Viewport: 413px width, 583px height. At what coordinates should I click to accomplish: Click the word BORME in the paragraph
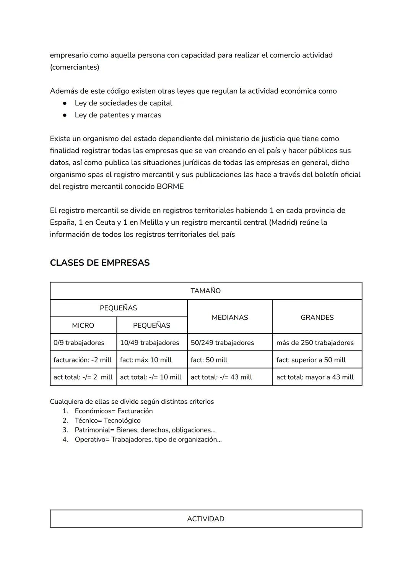tap(170, 187)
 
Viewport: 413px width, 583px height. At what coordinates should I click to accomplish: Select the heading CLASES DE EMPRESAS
tap(99, 263)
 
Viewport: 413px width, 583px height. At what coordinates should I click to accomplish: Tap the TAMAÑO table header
tap(206, 291)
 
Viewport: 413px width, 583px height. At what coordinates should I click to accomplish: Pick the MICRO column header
tap(83, 325)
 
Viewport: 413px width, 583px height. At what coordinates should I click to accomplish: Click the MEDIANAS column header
tap(230, 317)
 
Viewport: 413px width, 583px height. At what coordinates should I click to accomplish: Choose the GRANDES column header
tap(317, 317)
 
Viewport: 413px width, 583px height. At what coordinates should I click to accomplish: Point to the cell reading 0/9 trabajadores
tap(79, 343)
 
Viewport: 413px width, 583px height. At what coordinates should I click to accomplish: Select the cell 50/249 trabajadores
tap(222, 343)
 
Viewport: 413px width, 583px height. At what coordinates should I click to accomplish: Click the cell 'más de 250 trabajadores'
tap(315, 343)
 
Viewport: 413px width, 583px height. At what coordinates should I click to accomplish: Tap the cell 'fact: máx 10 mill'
tap(146, 360)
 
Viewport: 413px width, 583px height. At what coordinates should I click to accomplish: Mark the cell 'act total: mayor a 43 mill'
tap(315, 377)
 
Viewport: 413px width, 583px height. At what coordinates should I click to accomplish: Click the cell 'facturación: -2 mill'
tap(83, 360)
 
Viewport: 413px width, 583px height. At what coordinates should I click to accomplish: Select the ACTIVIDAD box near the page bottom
tap(206, 519)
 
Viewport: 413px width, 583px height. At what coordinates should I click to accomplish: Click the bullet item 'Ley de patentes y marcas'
tap(118, 115)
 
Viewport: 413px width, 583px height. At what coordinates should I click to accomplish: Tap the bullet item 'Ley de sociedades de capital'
tap(123, 103)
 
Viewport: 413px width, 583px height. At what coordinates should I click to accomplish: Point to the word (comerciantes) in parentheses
tap(75, 67)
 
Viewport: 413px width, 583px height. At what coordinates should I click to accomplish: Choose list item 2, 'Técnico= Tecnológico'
tap(107, 421)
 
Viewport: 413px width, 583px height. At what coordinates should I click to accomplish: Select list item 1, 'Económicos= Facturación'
tap(114, 411)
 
